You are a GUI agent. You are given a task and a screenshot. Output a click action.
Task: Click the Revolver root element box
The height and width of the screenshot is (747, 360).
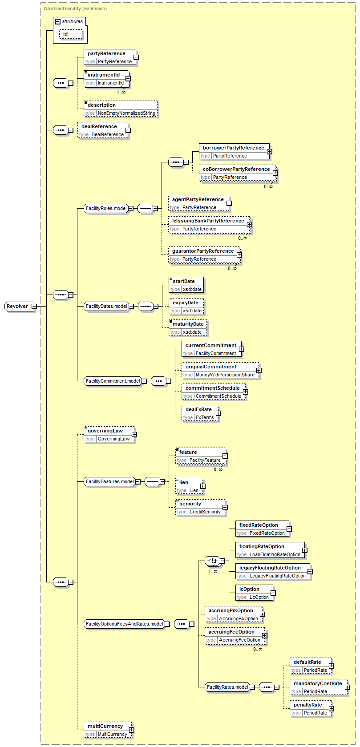pos(17,306)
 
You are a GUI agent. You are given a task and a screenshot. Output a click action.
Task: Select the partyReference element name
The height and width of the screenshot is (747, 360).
pos(106,53)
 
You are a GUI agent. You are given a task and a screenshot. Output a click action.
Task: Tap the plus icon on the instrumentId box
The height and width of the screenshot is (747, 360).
pos(128,79)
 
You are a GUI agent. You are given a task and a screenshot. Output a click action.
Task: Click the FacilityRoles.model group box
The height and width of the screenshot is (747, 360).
pos(106,208)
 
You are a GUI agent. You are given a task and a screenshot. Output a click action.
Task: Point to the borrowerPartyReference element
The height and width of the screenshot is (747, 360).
pos(233,148)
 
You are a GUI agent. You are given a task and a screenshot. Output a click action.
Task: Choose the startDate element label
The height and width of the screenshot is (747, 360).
pos(184,281)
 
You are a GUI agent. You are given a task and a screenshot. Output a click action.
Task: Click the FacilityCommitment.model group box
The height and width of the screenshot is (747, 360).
pos(113,381)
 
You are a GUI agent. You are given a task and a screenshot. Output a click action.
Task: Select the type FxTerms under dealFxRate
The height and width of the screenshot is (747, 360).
pos(205,417)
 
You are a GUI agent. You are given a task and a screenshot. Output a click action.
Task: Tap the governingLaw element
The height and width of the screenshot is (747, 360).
pos(105,431)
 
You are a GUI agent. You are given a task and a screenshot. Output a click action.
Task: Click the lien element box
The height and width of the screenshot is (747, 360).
pos(184,482)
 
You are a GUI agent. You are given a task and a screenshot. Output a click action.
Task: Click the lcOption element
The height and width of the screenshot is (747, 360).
pos(249,589)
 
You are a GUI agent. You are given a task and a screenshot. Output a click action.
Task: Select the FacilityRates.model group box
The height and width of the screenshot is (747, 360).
pos(227,687)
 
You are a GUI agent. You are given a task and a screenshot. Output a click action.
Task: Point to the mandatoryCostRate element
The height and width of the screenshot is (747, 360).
pos(318,683)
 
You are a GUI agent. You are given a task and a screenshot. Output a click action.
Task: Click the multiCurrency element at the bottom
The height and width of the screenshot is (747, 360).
pos(105,726)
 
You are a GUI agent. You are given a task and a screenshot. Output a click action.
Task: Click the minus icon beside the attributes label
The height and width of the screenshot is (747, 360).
pos(57,21)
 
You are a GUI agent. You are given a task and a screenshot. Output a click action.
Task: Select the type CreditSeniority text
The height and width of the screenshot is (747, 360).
pos(205,512)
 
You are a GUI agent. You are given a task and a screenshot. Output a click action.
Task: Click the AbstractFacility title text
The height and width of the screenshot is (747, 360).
pos(62,8)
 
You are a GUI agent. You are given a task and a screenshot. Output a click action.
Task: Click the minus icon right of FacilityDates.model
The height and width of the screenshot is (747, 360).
pos(131,306)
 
